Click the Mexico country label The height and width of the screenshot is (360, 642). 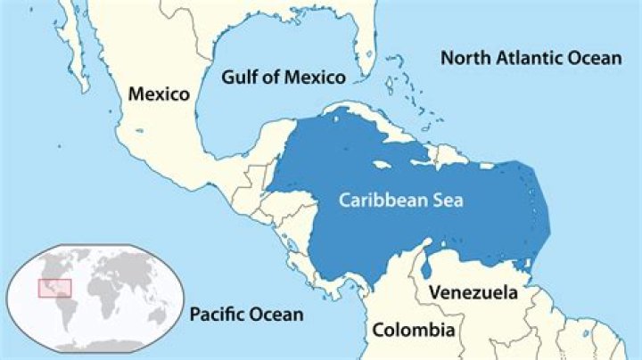tap(160, 94)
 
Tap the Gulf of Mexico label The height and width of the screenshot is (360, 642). tap(283, 77)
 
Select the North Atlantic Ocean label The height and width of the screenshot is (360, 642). tap(531, 59)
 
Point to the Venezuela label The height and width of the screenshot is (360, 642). tap(473, 292)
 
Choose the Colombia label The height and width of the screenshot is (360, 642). tap(414, 331)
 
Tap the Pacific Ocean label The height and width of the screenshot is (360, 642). tap(246, 314)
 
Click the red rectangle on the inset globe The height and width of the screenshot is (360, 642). tap(53, 288)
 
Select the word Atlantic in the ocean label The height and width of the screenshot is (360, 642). tap(531, 59)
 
